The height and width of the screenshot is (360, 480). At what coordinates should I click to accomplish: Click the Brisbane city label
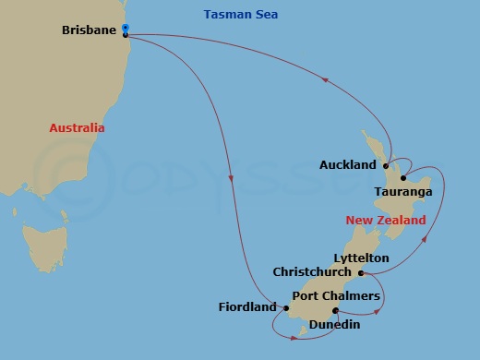[89, 30]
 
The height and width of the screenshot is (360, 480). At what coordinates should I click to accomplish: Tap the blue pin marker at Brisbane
[126, 30]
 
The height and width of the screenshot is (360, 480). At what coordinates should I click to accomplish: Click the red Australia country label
[77, 128]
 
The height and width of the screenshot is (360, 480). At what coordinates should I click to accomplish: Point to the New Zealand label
[386, 221]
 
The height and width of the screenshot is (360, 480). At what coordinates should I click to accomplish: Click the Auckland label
[347, 165]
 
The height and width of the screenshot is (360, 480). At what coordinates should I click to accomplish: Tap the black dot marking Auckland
[385, 166]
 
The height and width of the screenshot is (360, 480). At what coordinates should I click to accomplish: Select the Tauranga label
[403, 192]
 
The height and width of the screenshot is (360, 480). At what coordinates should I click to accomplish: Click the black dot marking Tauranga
[403, 177]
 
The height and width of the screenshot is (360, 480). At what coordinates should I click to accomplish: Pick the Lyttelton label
[360, 258]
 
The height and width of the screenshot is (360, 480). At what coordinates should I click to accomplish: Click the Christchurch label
[312, 272]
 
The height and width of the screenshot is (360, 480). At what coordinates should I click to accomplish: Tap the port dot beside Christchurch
[361, 273]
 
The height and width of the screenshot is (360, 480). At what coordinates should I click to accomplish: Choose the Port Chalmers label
[336, 295]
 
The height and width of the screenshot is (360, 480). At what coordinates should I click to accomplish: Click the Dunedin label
[335, 325]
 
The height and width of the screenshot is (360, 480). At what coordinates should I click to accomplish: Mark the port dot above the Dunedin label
[335, 310]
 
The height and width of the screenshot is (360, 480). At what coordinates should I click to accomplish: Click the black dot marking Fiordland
[285, 307]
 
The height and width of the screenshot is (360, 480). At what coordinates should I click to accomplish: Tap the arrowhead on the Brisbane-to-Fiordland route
[230, 177]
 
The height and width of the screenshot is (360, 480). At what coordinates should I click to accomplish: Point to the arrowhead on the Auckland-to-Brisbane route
[325, 80]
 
